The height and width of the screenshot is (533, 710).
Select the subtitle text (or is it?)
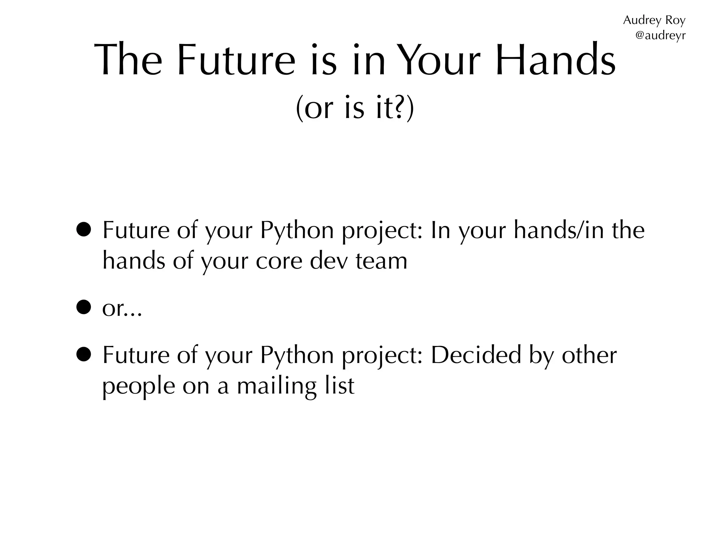point(355,108)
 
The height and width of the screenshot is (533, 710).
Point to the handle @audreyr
point(660,35)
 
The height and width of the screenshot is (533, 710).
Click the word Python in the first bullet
point(297,230)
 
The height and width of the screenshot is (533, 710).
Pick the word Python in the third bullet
point(297,355)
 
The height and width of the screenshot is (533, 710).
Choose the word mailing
point(277,386)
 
